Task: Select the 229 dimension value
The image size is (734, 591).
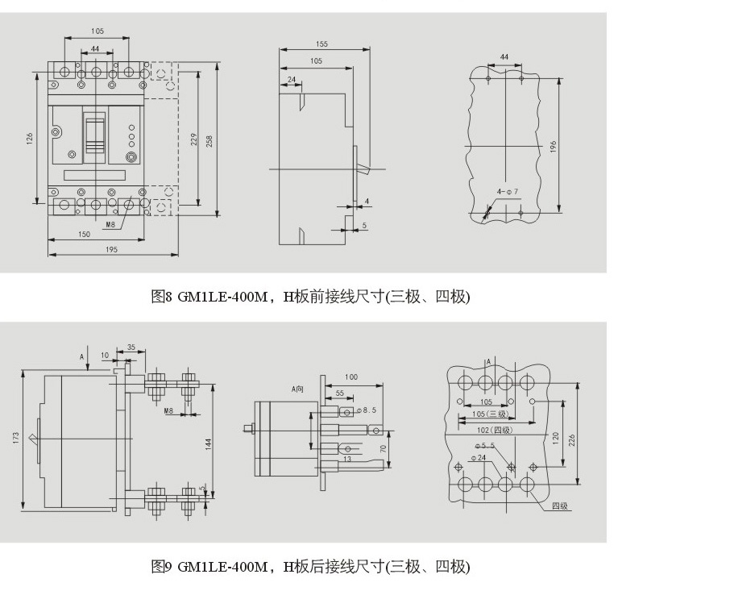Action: pyautogui.click(x=194, y=139)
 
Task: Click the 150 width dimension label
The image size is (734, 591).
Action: pyautogui.click(x=84, y=234)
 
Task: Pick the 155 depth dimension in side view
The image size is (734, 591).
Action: pyautogui.click(x=321, y=44)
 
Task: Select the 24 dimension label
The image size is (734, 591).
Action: pyautogui.click(x=290, y=79)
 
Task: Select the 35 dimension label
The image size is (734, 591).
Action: pyautogui.click(x=131, y=348)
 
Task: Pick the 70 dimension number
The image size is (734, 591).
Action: pyautogui.click(x=384, y=448)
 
